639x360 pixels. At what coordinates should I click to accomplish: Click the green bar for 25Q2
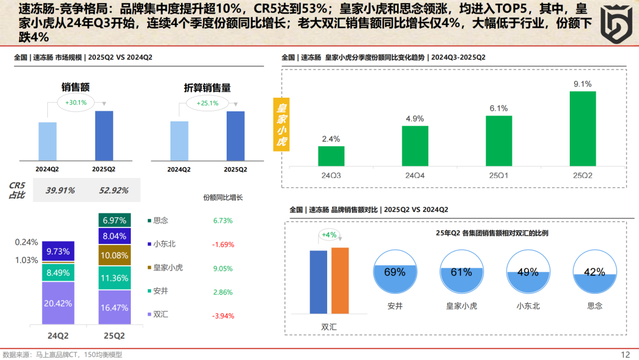(583, 128)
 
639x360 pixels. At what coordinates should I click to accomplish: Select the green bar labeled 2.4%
(331, 156)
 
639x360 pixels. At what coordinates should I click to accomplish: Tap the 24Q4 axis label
(415, 175)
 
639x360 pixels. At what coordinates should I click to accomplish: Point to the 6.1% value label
(499, 108)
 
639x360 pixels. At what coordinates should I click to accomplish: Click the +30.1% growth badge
(76, 102)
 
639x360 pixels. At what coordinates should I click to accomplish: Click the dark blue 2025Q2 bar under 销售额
(104, 136)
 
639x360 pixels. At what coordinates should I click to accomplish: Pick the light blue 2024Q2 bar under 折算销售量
(179, 141)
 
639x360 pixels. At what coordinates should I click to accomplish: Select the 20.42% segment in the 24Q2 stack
(58, 303)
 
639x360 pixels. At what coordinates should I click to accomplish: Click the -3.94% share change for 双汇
(224, 314)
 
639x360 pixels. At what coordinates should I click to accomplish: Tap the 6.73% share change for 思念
(223, 220)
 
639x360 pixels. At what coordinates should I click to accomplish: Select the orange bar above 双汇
(340, 280)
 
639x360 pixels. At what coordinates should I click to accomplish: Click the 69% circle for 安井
(395, 273)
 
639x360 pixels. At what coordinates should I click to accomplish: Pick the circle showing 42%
(595, 273)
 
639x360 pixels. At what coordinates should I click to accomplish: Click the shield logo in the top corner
(615, 24)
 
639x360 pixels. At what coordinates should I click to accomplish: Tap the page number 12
(625, 354)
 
